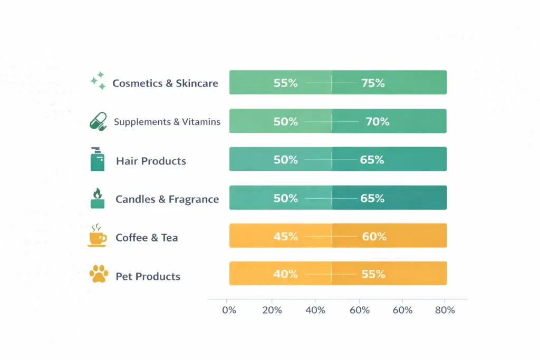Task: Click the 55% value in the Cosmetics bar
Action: pyautogui.click(x=285, y=83)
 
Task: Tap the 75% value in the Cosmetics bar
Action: pyautogui.click(x=373, y=83)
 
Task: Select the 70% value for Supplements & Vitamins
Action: pyautogui.click(x=377, y=122)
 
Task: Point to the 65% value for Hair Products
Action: pyautogui.click(x=372, y=160)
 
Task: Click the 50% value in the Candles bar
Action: pyautogui.click(x=285, y=199)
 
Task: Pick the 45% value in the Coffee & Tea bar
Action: pyautogui.click(x=285, y=237)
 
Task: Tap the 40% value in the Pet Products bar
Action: pyautogui.click(x=285, y=274)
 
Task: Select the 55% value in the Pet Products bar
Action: pyautogui.click(x=373, y=274)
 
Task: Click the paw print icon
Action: pyautogui.click(x=99, y=274)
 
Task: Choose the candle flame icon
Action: pyautogui.click(x=98, y=198)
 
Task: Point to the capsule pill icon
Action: pyautogui.click(x=98, y=121)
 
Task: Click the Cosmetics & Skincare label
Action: pyautogui.click(x=165, y=83)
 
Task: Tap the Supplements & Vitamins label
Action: pyautogui.click(x=167, y=122)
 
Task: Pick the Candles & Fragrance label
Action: pyautogui.click(x=167, y=199)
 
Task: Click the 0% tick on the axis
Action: pyautogui.click(x=229, y=310)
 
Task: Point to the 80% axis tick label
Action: pyautogui.click(x=445, y=310)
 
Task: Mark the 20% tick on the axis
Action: pyautogui.click(x=272, y=310)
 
